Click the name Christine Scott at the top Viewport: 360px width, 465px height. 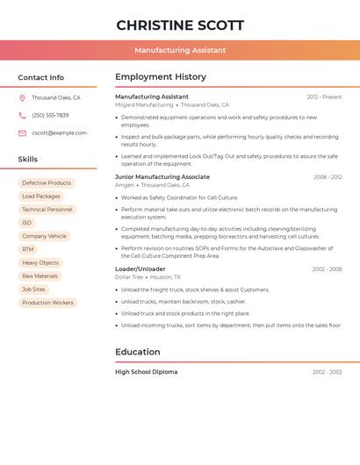[180, 25]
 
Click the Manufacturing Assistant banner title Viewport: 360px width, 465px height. [180, 50]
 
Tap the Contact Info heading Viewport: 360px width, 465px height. [41, 77]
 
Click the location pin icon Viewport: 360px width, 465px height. [22, 97]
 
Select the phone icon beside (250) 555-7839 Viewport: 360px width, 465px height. [22, 115]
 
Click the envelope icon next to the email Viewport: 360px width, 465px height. [22, 133]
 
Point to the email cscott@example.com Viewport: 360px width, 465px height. [59, 133]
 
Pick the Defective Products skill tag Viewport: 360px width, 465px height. [47, 183]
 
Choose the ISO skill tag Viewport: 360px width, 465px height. [27, 223]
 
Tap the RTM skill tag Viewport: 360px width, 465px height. [28, 249]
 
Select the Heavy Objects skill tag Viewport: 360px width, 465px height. [40, 263]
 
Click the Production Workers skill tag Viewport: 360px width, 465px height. [47, 303]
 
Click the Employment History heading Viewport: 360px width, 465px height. [161, 77]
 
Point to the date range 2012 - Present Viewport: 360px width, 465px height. [324, 97]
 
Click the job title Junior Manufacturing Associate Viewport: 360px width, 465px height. [162, 176]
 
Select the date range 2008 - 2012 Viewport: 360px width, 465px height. [328, 177]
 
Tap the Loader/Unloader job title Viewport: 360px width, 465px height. [140, 268]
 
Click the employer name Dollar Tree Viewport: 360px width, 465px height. [129, 277]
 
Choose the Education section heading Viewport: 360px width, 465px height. [138, 352]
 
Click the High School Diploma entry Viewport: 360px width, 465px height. [146, 372]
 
